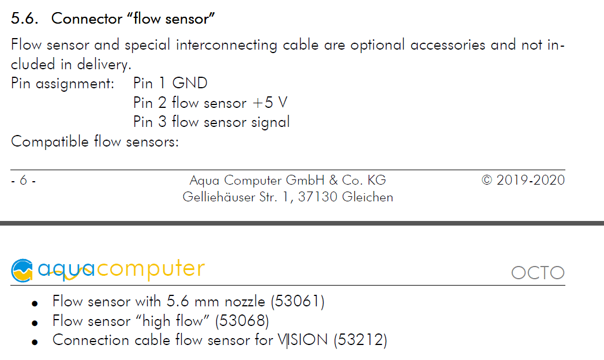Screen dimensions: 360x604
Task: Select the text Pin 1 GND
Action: click(x=170, y=83)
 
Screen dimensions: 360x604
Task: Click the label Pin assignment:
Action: click(x=63, y=83)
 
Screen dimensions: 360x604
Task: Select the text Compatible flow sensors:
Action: click(x=95, y=141)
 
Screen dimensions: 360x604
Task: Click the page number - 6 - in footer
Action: click(x=23, y=181)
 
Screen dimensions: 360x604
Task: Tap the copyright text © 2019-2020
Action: click(x=523, y=180)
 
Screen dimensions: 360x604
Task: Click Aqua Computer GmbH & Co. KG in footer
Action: click(x=287, y=181)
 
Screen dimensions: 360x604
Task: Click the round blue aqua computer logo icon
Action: click(x=22, y=270)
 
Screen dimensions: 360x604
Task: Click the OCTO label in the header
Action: click(x=538, y=272)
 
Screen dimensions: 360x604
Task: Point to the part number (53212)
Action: click(x=360, y=340)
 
